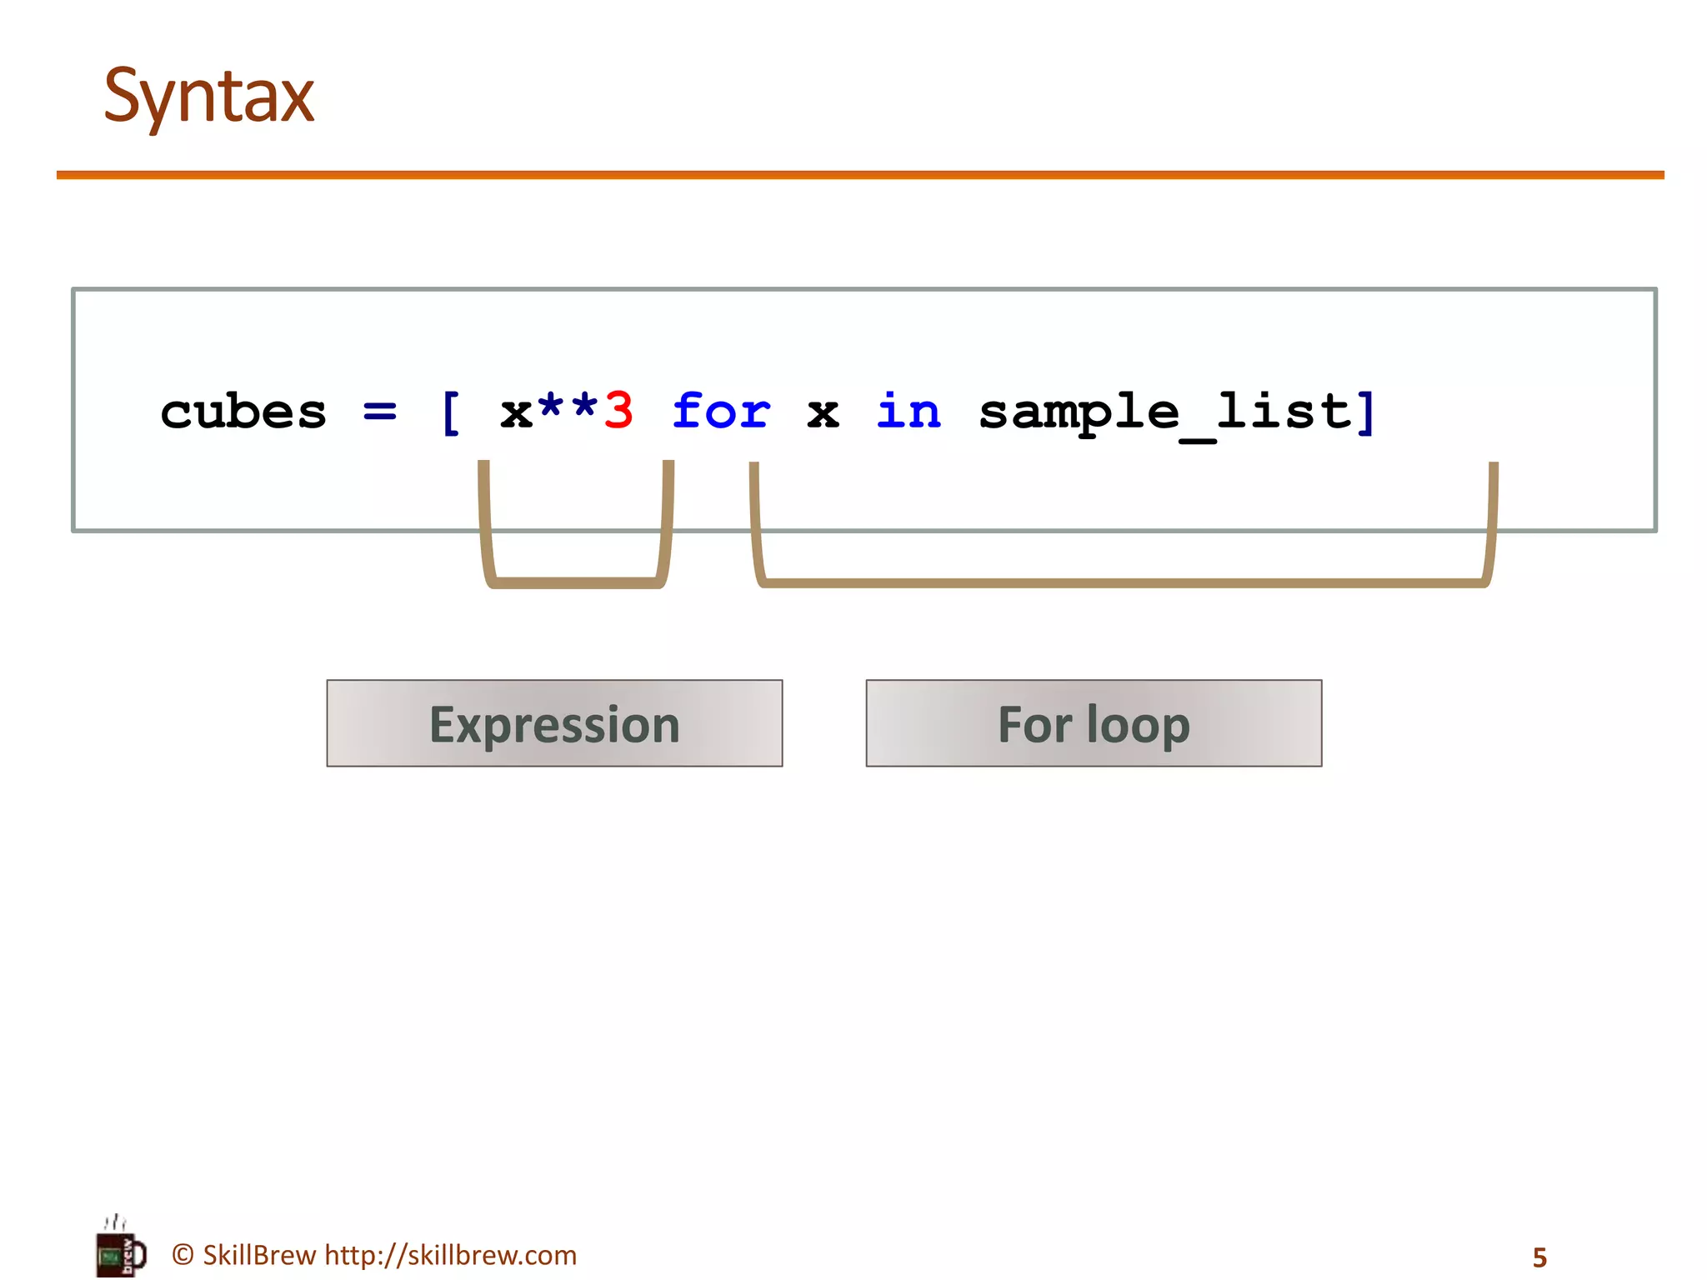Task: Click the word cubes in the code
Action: point(243,412)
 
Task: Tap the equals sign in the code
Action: point(380,411)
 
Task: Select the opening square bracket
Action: point(450,412)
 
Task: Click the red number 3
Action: point(618,411)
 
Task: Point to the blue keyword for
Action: point(721,411)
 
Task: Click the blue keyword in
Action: point(909,411)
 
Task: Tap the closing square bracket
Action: point(1365,412)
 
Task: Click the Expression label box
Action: point(554,723)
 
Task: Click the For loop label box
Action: point(1094,723)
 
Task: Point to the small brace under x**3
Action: point(575,582)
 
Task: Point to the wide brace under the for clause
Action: point(1121,582)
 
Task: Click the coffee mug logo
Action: point(121,1251)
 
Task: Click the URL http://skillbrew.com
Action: point(450,1255)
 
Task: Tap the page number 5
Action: point(1539,1257)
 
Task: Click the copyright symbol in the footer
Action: point(183,1255)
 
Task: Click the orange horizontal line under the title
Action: point(859,175)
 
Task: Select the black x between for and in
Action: point(823,412)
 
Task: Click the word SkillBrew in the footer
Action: point(259,1255)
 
